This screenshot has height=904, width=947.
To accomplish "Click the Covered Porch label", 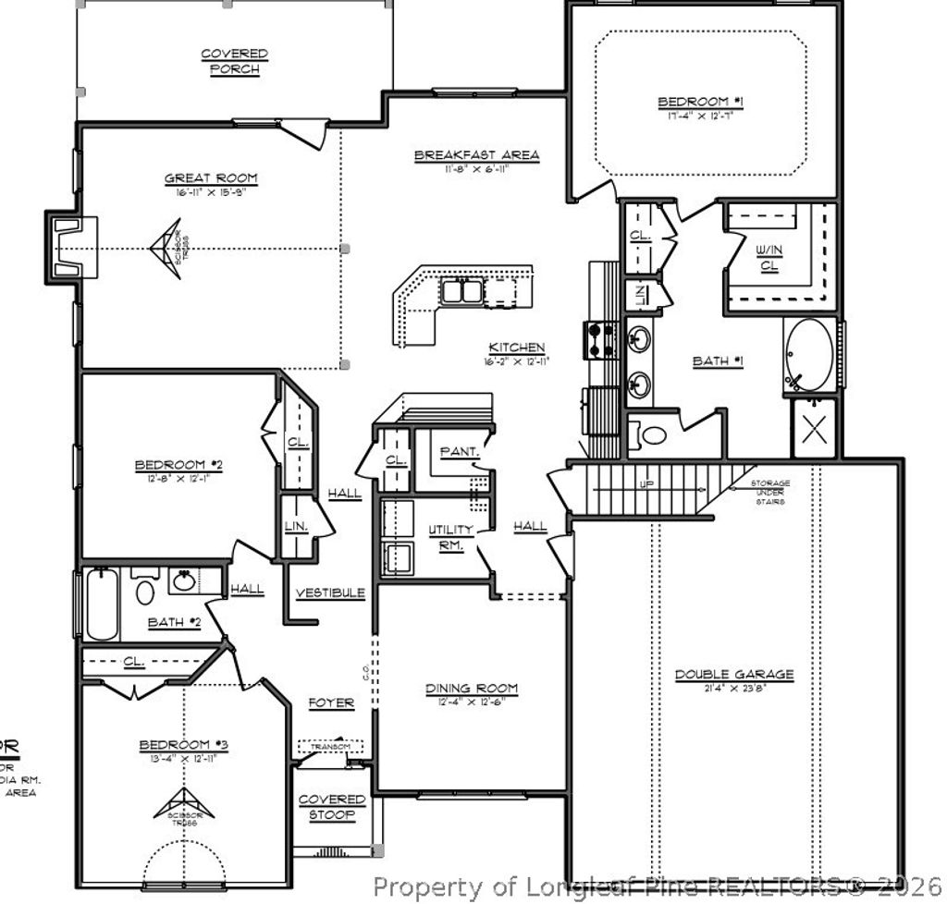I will click(x=234, y=62).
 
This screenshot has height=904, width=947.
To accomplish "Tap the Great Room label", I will click(x=211, y=178).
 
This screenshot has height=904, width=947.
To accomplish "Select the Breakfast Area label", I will click(x=476, y=155).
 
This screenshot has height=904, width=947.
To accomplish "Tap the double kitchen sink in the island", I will click(x=461, y=291).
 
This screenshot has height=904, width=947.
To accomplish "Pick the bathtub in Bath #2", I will click(x=102, y=605).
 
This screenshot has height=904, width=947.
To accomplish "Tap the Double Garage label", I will click(x=733, y=675).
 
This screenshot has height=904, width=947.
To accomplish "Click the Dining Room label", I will click(x=472, y=689).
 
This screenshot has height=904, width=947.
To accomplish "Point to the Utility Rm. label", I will click(x=451, y=536).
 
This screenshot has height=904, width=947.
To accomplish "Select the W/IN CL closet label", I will click(x=769, y=257).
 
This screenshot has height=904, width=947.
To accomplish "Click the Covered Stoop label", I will click(x=332, y=807).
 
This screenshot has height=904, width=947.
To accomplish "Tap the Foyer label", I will click(x=331, y=703).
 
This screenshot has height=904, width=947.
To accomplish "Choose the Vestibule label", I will click(x=330, y=592).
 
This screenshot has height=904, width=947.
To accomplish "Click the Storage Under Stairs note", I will click(x=769, y=492).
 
